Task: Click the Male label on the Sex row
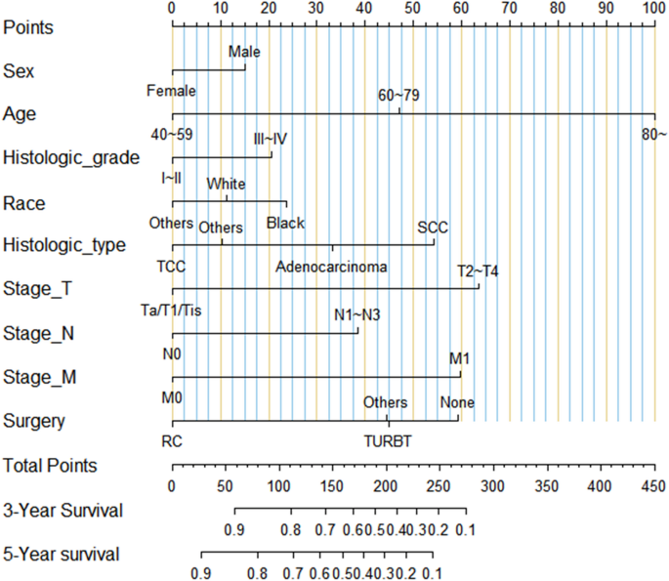pos(245,52)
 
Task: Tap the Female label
pos(172,91)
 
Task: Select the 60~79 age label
pos(399,96)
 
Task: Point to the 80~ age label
pos(653,133)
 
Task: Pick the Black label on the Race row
pos(285,223)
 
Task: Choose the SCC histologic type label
pos(433,227)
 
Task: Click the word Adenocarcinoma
pos(331,266)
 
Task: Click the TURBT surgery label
pos(389,440)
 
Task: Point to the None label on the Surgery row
pos(457,402)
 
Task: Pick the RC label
pos(172,440)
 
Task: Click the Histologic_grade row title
pos(71,156)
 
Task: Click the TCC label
pos(171,266)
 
